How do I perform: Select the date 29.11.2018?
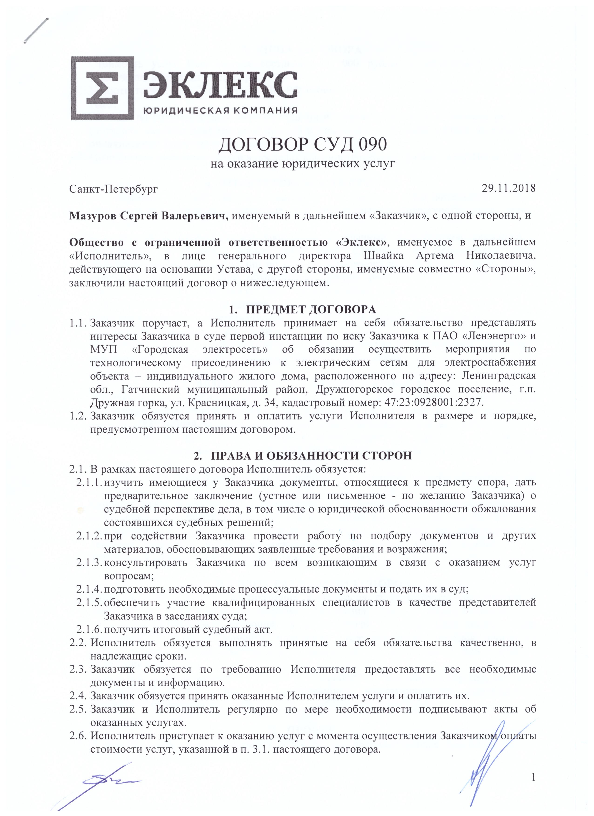coord(509,188)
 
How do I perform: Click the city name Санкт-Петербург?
coord(113,189)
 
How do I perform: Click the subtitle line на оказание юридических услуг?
coord(303,164)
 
